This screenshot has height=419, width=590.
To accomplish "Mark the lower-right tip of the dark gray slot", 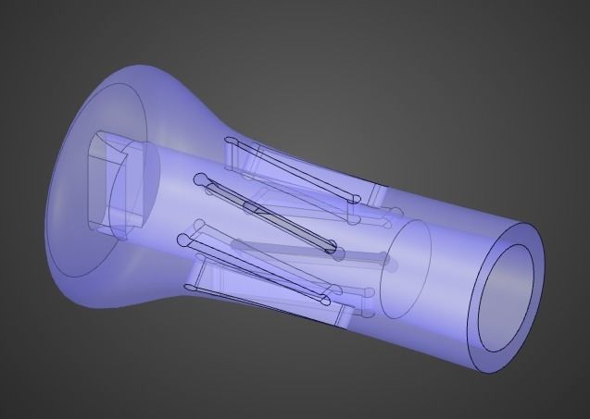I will pos(331,248).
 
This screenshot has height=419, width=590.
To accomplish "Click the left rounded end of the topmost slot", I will pos(230,142).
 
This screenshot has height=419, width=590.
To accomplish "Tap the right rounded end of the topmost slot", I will pos(356,198).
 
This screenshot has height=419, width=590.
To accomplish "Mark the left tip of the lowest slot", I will pos(186,242).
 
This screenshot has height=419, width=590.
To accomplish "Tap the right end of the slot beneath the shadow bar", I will pos(324,302).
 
